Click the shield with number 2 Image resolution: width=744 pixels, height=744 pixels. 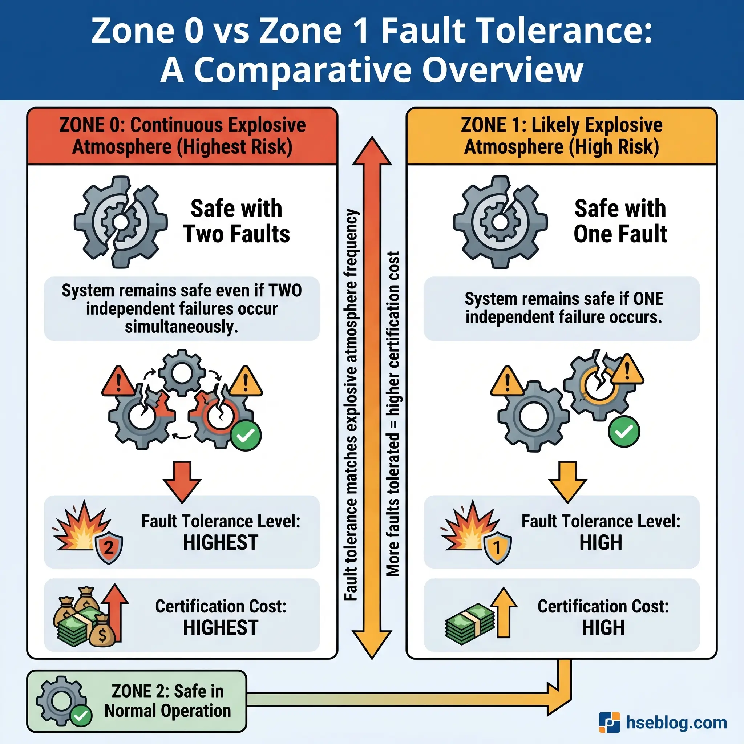tap(109, 547)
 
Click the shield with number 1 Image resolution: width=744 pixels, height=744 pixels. tap(497, 547)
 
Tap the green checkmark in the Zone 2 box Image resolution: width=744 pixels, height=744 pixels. tap(81, 716)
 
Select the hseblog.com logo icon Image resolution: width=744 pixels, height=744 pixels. tap(609, 723)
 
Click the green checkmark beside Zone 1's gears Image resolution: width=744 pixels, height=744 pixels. tap(624, 432)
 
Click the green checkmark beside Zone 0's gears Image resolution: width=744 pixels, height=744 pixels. tap(246, 436)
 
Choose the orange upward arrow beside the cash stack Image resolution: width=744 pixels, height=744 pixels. tap(504, 612)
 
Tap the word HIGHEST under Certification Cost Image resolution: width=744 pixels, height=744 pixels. tap(220, 628)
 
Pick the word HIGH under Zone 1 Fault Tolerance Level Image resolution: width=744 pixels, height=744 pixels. tap(601, 543)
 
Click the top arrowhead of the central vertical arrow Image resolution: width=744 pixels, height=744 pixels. tap(372, 152)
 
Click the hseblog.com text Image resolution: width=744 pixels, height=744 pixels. tap(676, 723)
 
